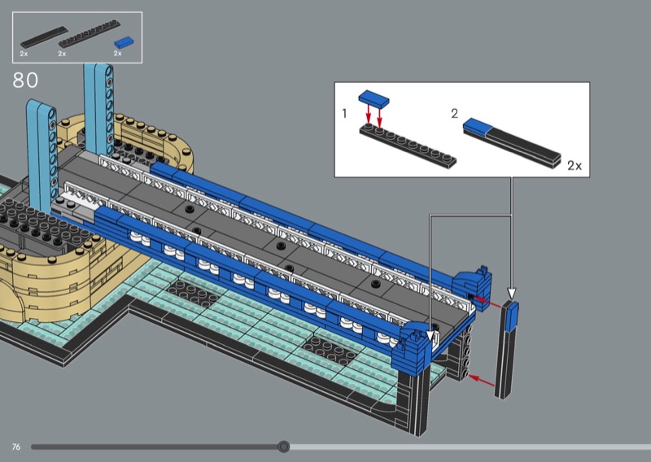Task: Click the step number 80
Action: click(x=25, y=80)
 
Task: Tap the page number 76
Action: click(x=16, y=447)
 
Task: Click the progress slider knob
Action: click(x=283, y=447)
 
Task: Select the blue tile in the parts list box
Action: click(x=125, y=42)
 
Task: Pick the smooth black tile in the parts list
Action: click(x=44, y=37)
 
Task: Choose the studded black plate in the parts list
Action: click(x=90, y=33)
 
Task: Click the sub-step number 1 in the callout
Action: click(x=344, y=113)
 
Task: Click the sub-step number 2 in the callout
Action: click(x=455, y=113)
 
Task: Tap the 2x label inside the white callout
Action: click(x=575, y=166)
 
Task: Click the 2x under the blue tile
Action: click(x=117, y=54)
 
